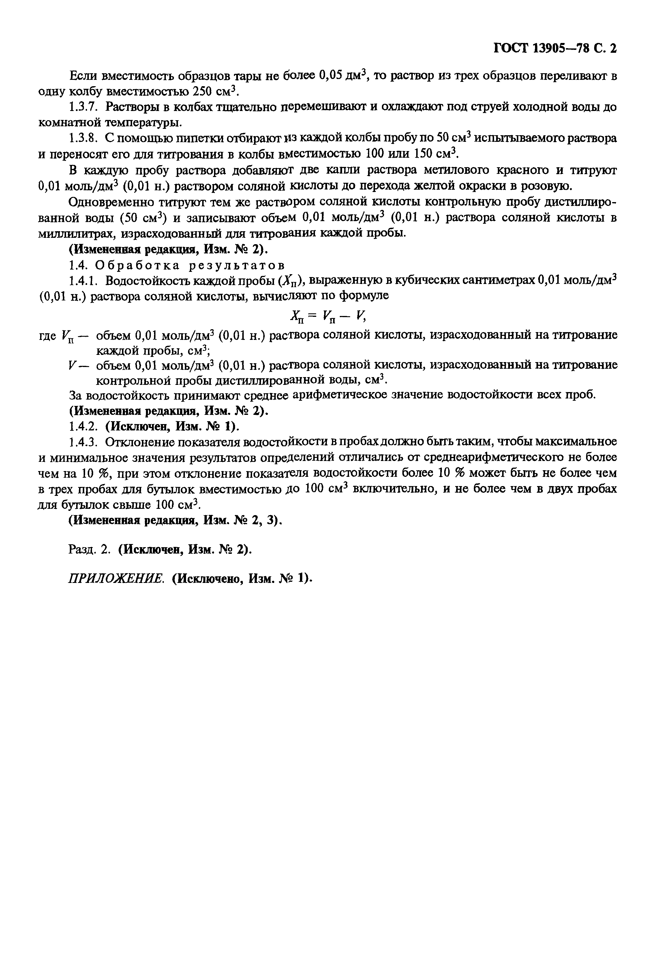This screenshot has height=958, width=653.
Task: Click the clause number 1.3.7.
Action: point(83,107)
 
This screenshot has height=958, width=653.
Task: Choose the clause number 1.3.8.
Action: point(83,138)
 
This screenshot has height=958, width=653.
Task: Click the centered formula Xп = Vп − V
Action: point(328,316)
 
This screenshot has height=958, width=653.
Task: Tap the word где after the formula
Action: point(47,336)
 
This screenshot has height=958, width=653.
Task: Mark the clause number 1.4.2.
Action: point(83,426)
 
